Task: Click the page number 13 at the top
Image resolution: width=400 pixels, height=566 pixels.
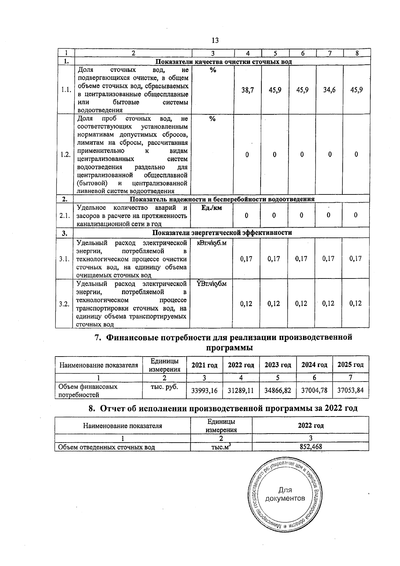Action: [215, 40]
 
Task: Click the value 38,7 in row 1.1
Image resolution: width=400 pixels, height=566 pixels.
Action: [247, 90]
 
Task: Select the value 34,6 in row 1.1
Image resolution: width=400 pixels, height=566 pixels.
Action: [329, 90]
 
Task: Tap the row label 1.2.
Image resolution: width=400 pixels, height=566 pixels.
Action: [65, 155]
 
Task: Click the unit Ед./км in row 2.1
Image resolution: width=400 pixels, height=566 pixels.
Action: [212, 208]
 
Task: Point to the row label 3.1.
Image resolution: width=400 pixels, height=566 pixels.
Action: [64, 259]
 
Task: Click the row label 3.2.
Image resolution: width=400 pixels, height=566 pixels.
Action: [64, 304]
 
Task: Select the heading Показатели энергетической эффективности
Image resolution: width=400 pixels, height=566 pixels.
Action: [222, 232]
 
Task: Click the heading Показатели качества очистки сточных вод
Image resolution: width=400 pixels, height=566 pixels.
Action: [224, 62]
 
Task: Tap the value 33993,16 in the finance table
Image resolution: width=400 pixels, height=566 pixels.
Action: [204, 390]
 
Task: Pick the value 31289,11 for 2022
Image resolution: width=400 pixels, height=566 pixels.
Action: [241, 390]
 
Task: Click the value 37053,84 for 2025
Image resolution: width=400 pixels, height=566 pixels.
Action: [350, 390]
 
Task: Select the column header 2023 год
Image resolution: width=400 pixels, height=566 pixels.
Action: [278, 365]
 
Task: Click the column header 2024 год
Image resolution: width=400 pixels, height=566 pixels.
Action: [314, 365]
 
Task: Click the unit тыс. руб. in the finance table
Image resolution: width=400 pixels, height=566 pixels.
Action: [164, 387]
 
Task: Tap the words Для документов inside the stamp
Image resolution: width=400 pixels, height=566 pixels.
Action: [285, 494]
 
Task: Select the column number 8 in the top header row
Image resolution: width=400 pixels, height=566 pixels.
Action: [357, 53]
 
